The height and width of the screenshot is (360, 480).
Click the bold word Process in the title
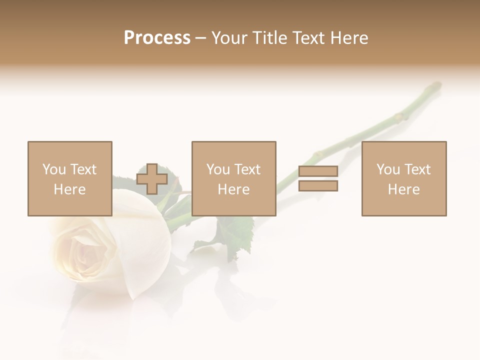157,38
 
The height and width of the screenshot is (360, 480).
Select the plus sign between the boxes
152,179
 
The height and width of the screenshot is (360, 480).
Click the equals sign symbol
318,178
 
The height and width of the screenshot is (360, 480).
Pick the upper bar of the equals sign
318,171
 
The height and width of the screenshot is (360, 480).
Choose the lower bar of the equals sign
318,186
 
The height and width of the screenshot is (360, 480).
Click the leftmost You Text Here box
69,178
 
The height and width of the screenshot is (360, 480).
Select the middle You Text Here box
233,178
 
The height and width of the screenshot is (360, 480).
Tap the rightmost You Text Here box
403,178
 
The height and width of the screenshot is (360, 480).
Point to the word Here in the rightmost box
403,189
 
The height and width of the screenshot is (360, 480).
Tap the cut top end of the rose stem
436,85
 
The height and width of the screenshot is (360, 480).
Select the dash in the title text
200,38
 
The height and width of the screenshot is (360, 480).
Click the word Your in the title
230,38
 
